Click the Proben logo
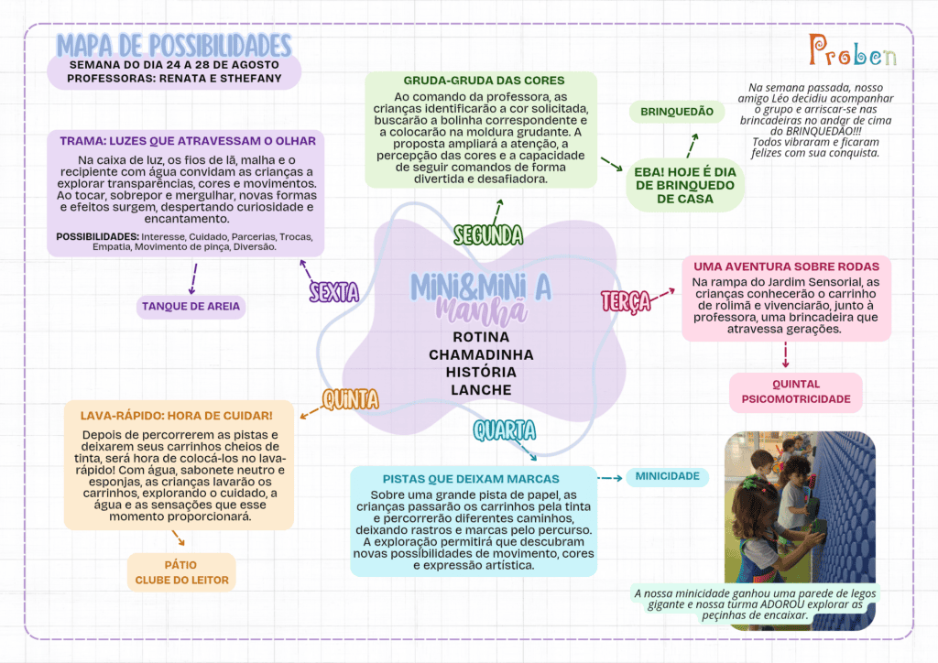click(x=853, y=50)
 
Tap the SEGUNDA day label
click(x=488, y=235)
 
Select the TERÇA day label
click(x=626, y=300)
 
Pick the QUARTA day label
click(x=505, y=430)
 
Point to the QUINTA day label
click(x=351, y=399)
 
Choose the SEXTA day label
click(x=333, y=292)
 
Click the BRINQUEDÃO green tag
click(x=677, y=112)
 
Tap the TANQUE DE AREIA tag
click(x=191, y=307)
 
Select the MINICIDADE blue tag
click(x=668, y=476)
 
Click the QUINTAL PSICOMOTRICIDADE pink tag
click(x=796, y=392)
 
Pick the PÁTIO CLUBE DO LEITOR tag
click(x=182, y=572)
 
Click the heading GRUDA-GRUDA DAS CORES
click(x=484, y=81)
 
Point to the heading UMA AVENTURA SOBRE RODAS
click(x=786, y=266)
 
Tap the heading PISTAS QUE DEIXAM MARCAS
click(x=471, y=479)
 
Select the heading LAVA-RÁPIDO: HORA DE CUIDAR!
click(x=177, y=416)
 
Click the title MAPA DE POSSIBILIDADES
click(x=173, y=46)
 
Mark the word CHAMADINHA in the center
click(x=481, y=354)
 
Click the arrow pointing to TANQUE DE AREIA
click(x=193, y=278)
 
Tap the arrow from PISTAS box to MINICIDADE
click(x=610, y=478)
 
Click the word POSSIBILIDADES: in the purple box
click(x=97, y=237)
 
